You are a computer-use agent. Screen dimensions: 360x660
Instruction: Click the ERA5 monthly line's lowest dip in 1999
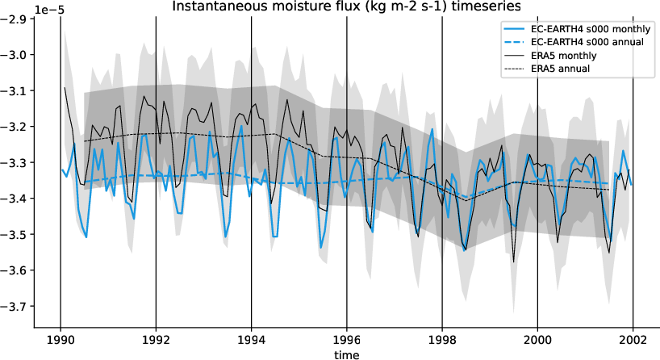coord(514,262)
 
